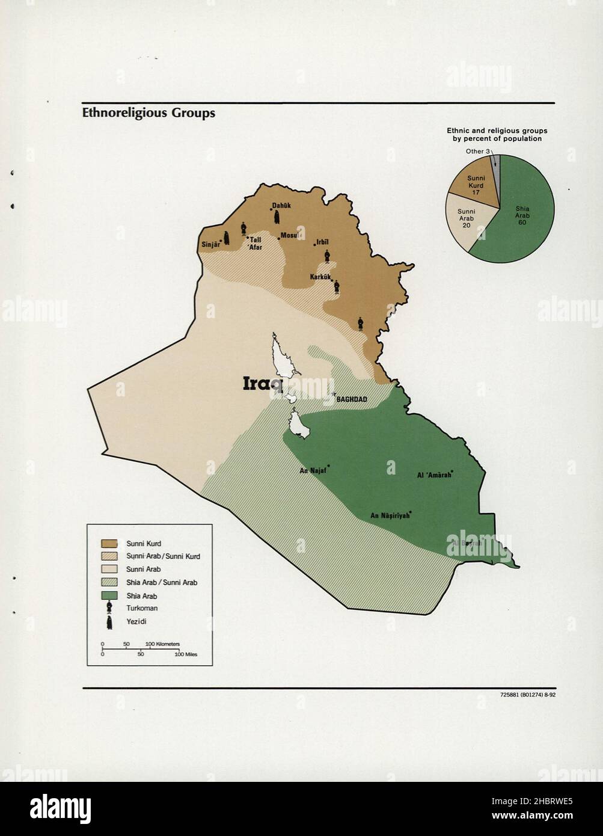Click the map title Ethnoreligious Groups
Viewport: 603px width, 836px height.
point(148,112)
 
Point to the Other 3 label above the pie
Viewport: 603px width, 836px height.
point(479,151)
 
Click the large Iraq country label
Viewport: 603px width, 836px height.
point(263,384)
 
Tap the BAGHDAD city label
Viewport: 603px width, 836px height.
point(352,399)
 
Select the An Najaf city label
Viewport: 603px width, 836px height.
point(313,471)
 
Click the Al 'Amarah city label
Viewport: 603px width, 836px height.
point(433,475)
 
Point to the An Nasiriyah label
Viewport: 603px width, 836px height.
point(390,515)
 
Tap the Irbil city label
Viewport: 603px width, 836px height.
point(322,242)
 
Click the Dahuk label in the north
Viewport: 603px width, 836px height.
point(281,206)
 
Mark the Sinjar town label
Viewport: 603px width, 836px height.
point(210,245)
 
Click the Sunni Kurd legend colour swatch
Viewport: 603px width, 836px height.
point(109,544)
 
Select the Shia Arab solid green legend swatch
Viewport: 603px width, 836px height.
point(109,595)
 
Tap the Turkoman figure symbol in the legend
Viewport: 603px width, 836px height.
point(109,609)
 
